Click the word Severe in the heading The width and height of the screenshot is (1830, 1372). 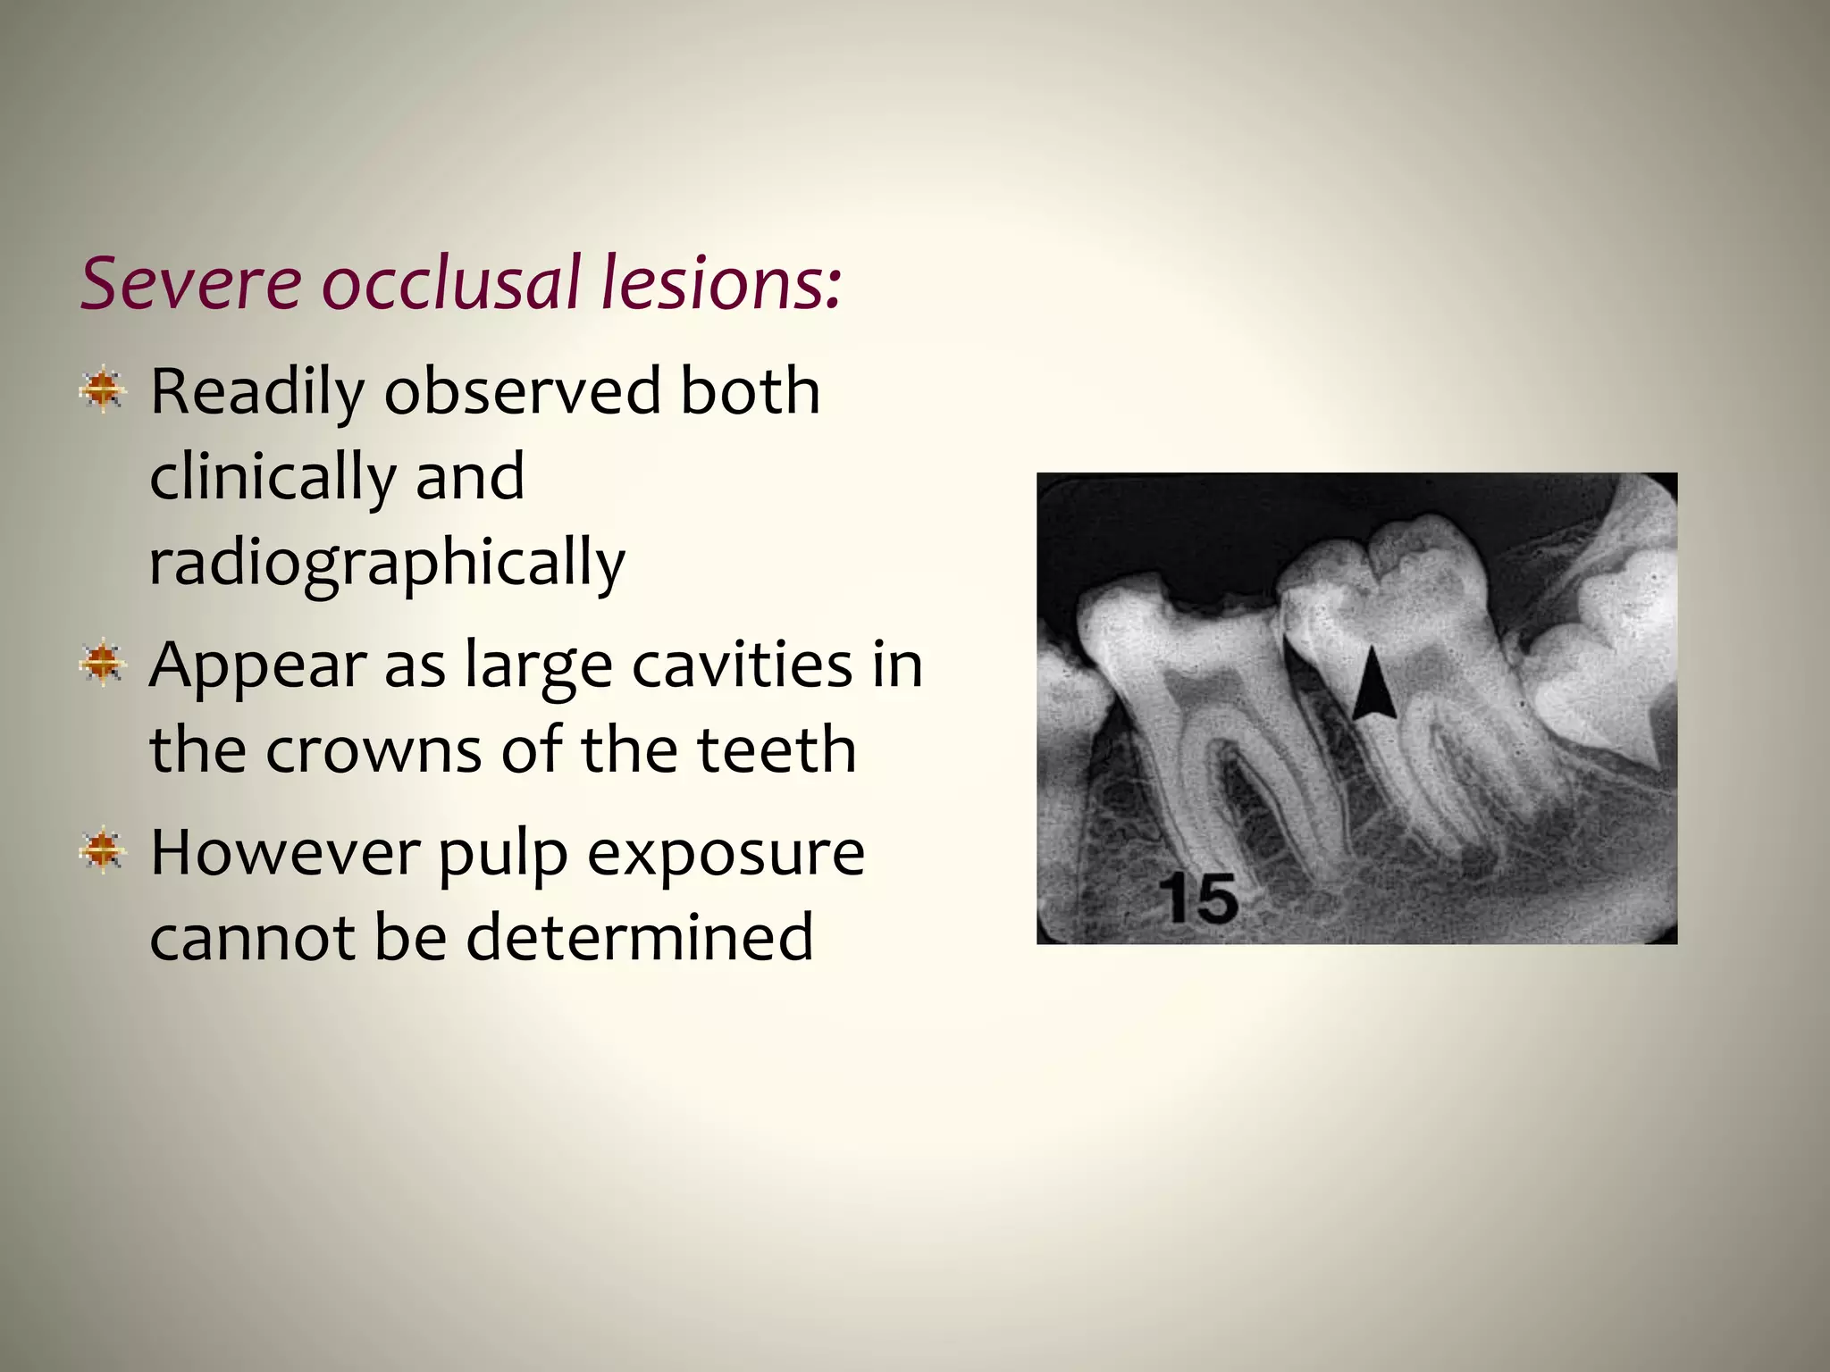[191, 283]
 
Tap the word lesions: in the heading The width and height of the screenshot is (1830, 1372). [720, 283]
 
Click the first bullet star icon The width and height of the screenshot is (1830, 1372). [103, 389]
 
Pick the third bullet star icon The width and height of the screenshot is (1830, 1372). [103, 849]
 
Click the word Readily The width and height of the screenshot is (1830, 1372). [257, 393]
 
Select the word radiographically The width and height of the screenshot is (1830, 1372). [387, 565]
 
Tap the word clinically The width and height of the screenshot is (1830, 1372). [272, 479]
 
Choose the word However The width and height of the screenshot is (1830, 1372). [283, 853]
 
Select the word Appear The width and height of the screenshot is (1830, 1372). [257, 668]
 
